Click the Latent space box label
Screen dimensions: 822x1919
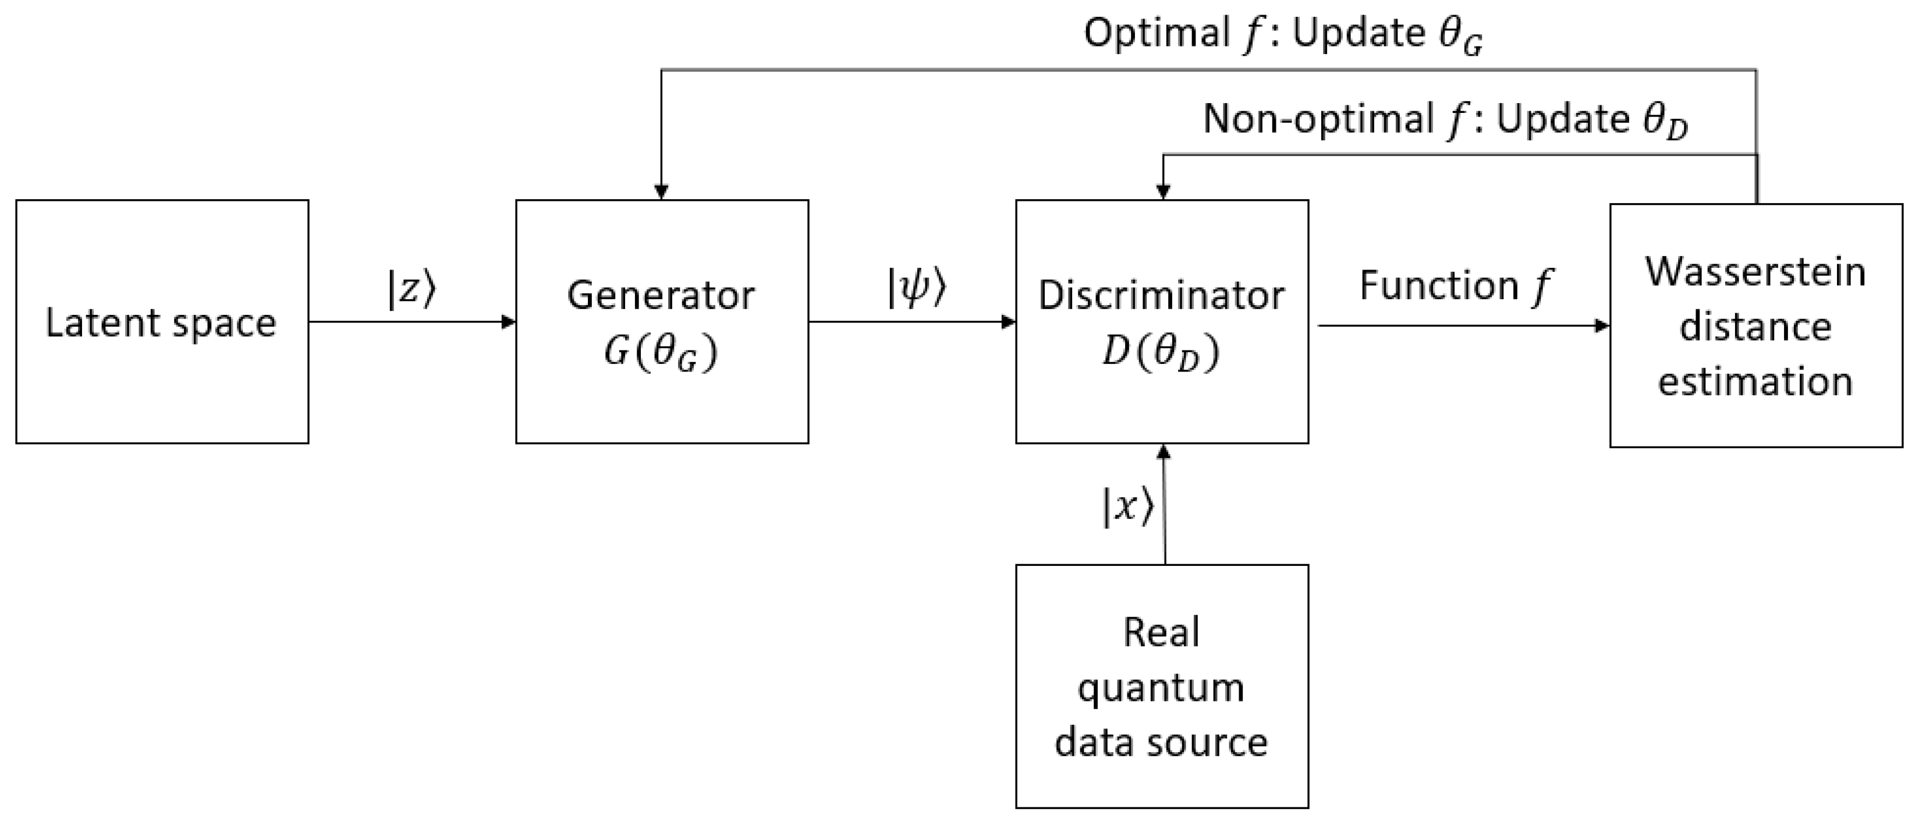point(161,323)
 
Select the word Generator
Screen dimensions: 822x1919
point(661,295)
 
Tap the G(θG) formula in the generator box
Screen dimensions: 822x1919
point(661,352)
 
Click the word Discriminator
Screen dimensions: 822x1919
point(1161,295)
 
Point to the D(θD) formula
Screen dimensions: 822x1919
point(1161,352)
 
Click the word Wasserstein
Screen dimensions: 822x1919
point(1756,272)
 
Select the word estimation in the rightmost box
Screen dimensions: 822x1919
point(1756,381)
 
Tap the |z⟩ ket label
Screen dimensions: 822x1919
point(411,289)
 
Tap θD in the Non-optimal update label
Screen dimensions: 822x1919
point(1665,122)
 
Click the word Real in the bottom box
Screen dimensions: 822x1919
point(1161,633)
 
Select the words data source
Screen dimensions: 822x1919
point(1161,742)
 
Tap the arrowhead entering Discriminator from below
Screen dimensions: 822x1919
point(1164,452)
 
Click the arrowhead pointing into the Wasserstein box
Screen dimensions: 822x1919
point(1602,325)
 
